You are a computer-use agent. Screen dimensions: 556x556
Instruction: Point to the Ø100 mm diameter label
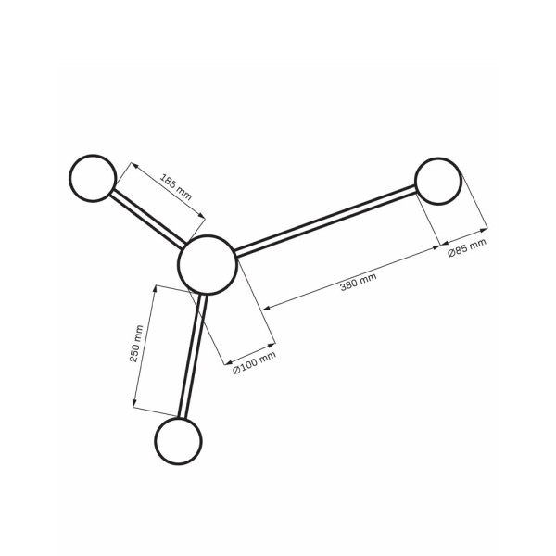pyautogui.click(x=254, y=361)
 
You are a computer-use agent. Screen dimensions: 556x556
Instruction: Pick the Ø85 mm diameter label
pyautogui.click(x=466, y=248)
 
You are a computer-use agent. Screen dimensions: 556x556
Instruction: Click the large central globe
pyautogui.click(x=207, y=264)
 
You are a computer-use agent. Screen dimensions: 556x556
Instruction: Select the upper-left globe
pyautogui.click(x=94, y=178)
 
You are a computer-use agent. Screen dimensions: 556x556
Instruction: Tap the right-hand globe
pyautogui.click(x=438, y=181)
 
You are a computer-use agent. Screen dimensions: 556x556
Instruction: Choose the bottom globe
pyautogui.click(x=179, y=441)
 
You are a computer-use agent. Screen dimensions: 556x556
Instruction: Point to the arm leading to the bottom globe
pyautogui.click(x=192, y=357)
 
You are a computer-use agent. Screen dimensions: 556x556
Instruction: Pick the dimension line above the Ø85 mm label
pyautogui.click(x=462, y=237)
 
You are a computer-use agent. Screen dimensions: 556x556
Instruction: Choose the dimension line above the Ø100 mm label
pyautogui.click(x=250, y=351)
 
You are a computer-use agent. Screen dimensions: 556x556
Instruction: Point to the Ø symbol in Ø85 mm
pyautogui.click(x=451, y=254)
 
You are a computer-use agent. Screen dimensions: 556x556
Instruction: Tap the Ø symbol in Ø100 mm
pyautogui.click(x=237, y=369)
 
